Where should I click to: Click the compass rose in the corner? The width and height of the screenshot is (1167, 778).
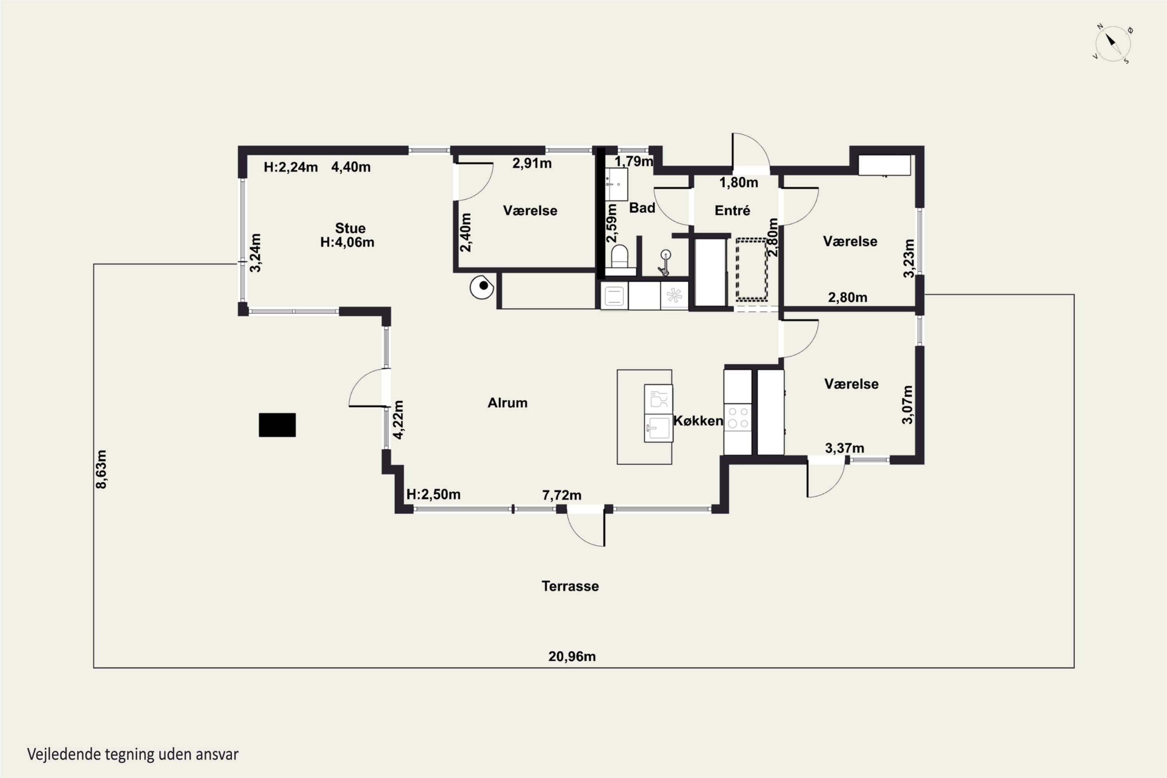coord(1113,44)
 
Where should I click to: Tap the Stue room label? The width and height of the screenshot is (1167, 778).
coord(350,228)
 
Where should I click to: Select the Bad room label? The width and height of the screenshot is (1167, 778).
coord(642,208)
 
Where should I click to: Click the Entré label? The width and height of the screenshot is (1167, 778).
coord(732,210)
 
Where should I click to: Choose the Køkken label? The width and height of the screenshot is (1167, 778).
coord(698,421)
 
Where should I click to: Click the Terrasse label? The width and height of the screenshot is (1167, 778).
coord(570,586)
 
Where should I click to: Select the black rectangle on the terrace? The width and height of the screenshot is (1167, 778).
coord(277,425)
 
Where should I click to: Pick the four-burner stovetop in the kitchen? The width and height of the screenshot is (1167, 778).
coord(738,417)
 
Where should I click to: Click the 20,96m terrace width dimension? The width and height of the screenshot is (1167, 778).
coord(572,657)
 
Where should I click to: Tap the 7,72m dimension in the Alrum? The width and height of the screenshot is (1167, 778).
coord(562,495)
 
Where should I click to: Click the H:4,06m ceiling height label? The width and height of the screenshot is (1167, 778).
coord(347,242)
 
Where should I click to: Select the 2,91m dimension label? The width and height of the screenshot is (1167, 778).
coord(532,163)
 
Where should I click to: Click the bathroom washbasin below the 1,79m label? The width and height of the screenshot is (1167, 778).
coord(616,184)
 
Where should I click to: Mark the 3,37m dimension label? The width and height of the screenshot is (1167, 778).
coord(845,448)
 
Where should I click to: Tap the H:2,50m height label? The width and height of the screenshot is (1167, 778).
coord(433,494)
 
